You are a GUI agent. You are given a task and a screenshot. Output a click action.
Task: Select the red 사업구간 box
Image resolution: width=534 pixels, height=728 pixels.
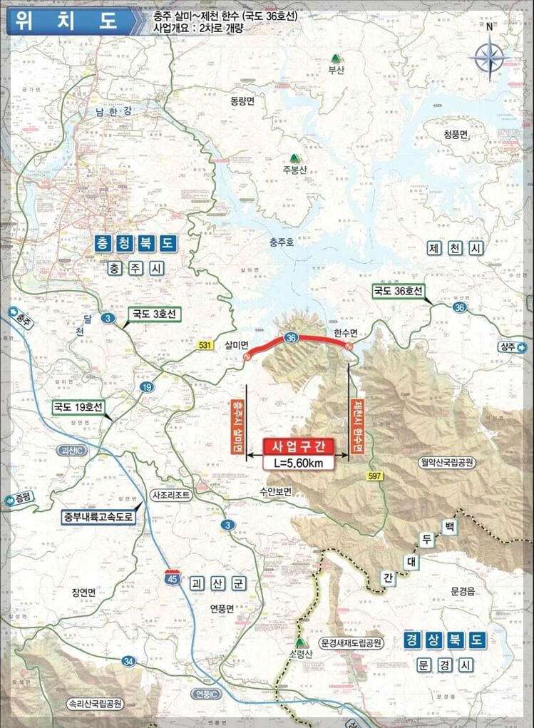tap(299, 447)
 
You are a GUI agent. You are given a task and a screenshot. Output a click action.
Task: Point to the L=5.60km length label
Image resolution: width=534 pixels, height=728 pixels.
tap(299, 463)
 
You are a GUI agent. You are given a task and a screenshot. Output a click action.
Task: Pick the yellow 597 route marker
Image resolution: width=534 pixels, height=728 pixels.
tap(374, 476)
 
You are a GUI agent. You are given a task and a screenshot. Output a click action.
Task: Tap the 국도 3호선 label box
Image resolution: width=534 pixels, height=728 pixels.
tap(154, 314)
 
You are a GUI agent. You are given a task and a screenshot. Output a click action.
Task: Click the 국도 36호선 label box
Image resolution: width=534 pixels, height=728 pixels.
tap(399, 291)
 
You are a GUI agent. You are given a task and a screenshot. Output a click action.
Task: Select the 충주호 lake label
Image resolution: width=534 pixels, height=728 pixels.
tap(282, 242)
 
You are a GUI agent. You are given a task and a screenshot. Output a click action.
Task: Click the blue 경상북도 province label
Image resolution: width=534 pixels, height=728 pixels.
tap(443, 640)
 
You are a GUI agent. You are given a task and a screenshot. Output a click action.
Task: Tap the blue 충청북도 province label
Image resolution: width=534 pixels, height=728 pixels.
tap(135, 243)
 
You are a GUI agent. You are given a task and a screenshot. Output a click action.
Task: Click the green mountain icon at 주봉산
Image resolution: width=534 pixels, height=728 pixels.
tap(294, 158)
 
